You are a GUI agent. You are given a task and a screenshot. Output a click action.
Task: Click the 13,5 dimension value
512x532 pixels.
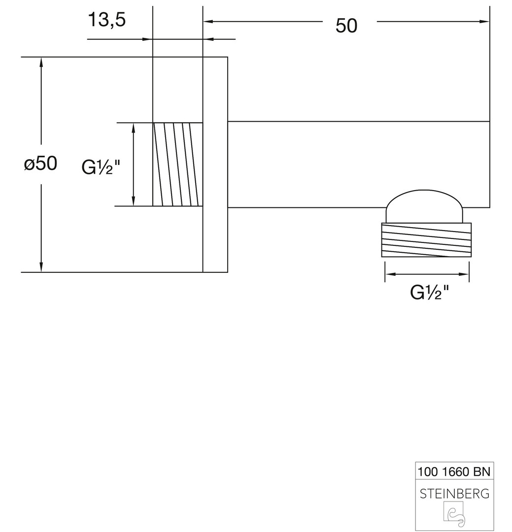(x=106, y=20)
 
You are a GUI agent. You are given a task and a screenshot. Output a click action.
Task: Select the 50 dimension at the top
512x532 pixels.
(x=346, y=26)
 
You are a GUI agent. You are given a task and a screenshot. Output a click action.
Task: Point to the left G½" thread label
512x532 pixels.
(x=101, y=167)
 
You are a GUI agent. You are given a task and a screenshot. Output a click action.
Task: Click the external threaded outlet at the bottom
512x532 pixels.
(x=426, y=240)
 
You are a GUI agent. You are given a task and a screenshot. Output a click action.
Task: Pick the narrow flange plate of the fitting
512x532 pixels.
(x=215, y=164)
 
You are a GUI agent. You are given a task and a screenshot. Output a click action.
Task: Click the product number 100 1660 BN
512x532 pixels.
(x=454, y=471)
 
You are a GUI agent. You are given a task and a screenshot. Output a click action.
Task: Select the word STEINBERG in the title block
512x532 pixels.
(x=454, y=493)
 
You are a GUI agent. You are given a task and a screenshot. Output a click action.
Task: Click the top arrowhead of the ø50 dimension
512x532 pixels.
(x=41, y=61)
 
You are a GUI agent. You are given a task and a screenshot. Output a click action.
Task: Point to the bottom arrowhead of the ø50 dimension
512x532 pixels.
(x=41, y=267)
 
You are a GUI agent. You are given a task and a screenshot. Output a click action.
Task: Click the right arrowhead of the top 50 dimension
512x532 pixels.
(x=485, y=21)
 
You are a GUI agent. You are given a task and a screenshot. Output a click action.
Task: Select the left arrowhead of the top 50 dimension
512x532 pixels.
(x=207, y=21)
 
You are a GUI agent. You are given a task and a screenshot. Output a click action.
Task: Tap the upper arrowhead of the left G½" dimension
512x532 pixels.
(x=134, y=127)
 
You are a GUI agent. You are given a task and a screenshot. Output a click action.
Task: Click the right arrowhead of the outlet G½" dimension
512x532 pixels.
(x=465, y=274)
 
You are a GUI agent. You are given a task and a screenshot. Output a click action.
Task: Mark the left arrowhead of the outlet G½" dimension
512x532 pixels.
(x=389, y=274)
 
